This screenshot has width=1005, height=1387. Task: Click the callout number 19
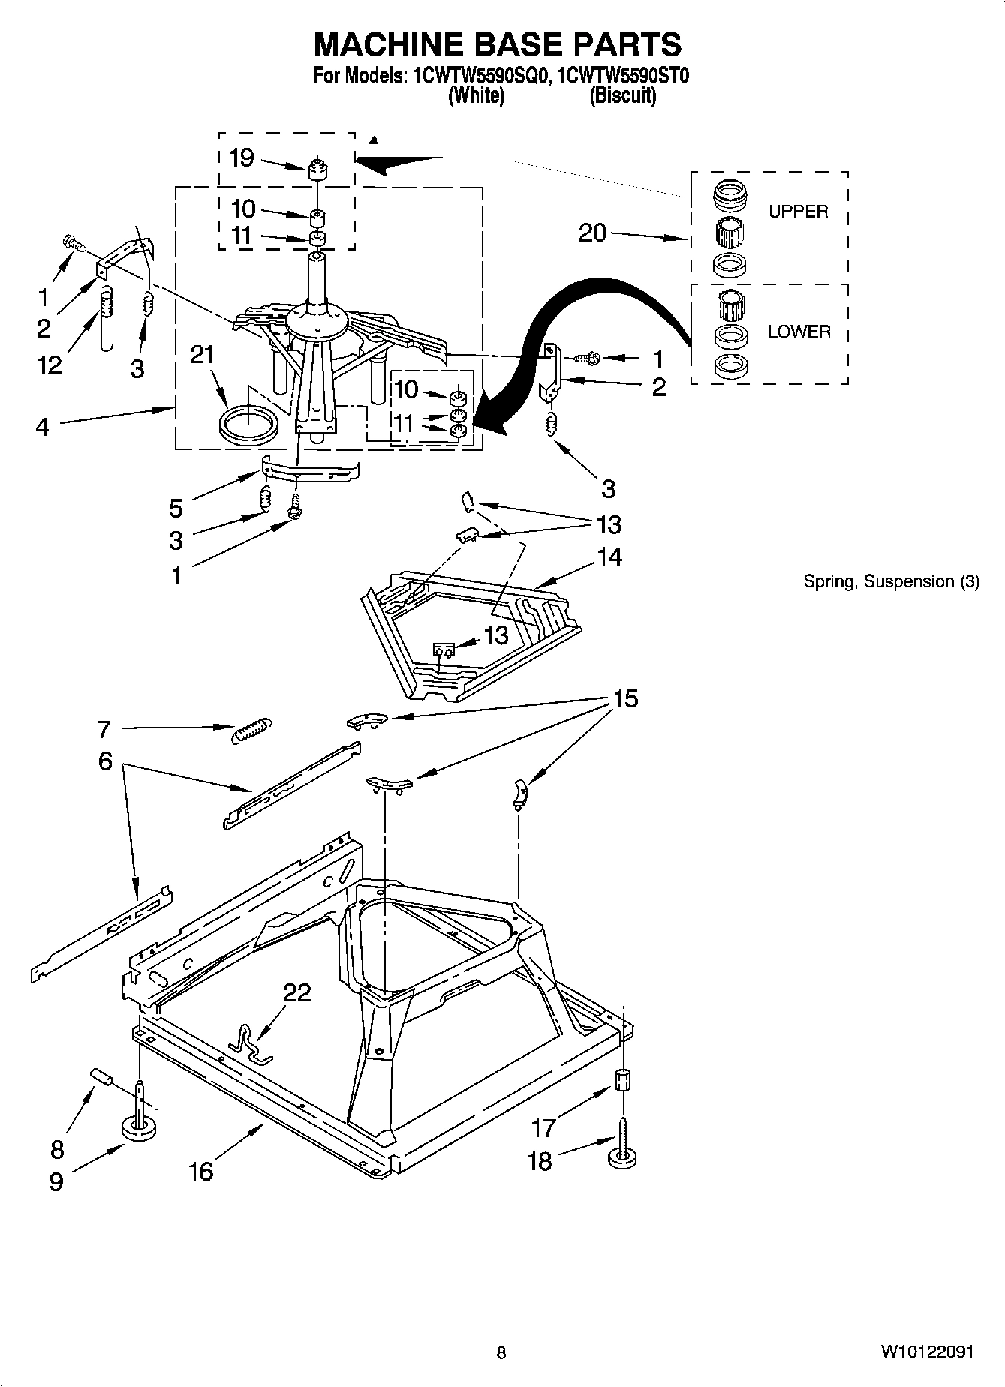click(241, 158)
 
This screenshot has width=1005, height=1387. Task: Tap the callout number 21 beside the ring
click(202, 355)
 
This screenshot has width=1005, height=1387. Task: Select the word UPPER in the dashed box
click(798, 212)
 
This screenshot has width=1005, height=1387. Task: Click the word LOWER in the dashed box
click(799, 332)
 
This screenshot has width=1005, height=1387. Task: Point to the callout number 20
click(592, 233)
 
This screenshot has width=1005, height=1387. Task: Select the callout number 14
click(609, 557)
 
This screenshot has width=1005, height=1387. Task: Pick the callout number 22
click(296, 992)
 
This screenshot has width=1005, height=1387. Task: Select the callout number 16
click(200, 1171)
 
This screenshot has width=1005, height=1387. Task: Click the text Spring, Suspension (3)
click(891, 581)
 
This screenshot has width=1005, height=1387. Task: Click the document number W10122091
click(927, 1352)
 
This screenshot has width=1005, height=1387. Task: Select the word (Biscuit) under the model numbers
click(622, 96)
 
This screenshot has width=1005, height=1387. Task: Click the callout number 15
click(625, 698)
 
